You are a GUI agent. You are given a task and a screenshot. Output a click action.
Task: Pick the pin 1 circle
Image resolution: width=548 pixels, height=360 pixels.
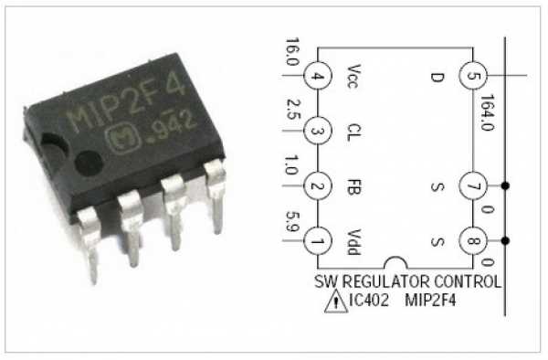[316, 242]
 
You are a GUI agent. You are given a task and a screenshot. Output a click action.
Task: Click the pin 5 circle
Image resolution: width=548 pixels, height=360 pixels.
[472, 75]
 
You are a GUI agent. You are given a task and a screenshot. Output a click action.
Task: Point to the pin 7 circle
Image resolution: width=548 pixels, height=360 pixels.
[472, 186]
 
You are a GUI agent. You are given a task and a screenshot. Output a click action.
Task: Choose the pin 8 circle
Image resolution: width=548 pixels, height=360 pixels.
[472, 242]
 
